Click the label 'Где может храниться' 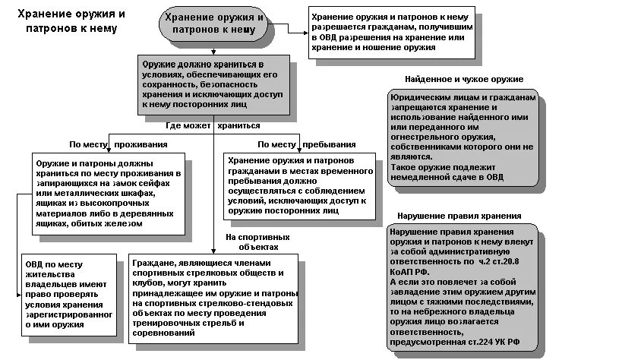coord(213,125)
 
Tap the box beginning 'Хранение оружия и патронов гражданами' coord(300,187)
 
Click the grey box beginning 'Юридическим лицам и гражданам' coord(464,140)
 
